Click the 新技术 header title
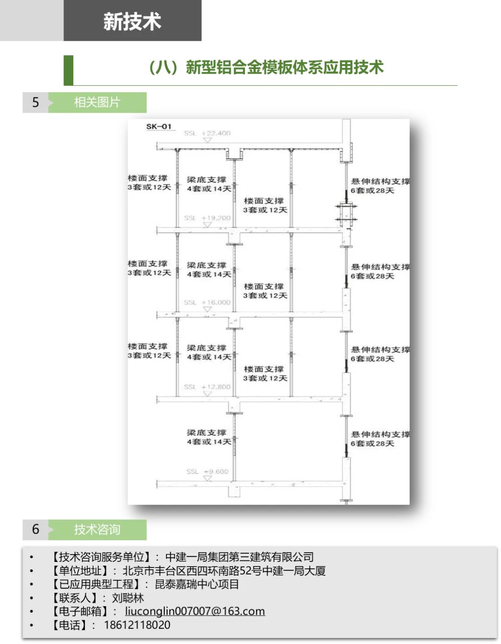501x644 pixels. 132,22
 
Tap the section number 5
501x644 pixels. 36,102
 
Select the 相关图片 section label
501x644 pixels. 97,102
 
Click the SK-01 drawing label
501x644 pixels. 159,127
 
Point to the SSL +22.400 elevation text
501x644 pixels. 207,133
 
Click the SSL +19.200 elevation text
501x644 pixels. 207,218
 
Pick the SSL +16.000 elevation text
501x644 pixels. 207,302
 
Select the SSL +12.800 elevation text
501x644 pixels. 207,387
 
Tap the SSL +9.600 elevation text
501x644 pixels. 207,472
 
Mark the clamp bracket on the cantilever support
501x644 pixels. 347,213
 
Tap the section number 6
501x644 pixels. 36,529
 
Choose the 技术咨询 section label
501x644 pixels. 97,529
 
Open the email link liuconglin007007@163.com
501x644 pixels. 195,611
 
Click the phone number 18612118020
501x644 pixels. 137,625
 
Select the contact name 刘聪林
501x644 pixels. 128,598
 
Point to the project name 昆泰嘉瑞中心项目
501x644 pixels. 197,584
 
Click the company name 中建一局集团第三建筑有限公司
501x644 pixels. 239,557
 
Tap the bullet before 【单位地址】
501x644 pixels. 32,571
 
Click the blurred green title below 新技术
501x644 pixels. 267,68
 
